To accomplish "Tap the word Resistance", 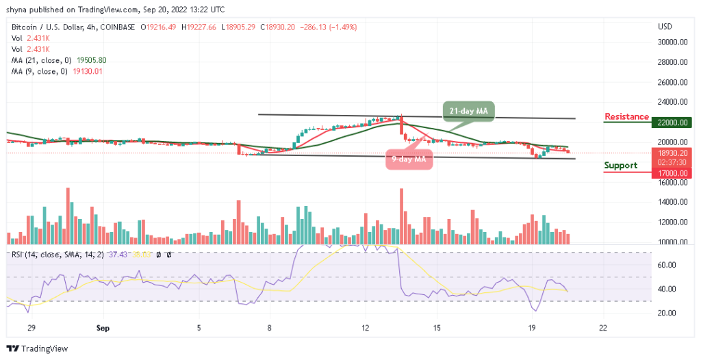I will (626, 116).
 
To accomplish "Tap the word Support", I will (620, 165).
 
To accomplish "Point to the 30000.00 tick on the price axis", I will (674, 42).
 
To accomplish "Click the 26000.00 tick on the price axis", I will (674, 82).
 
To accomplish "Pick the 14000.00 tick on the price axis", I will (674, 203).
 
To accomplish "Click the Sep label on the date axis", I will (103, 328).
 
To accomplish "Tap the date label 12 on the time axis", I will (366, 328).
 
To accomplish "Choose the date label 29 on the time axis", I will (30, 328).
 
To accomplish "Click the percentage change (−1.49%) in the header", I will (343, 27).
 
